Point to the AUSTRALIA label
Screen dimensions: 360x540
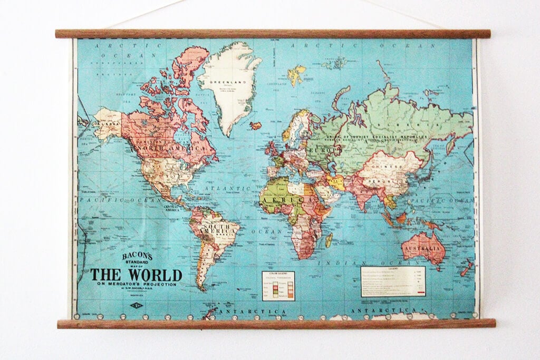tap(421, 248)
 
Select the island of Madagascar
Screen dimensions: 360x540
tap(329, 240)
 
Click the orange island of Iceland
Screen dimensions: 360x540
tap(256, 125)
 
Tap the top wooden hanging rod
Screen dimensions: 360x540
tap(272, 34)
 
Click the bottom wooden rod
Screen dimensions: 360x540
tap(276, 324)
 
